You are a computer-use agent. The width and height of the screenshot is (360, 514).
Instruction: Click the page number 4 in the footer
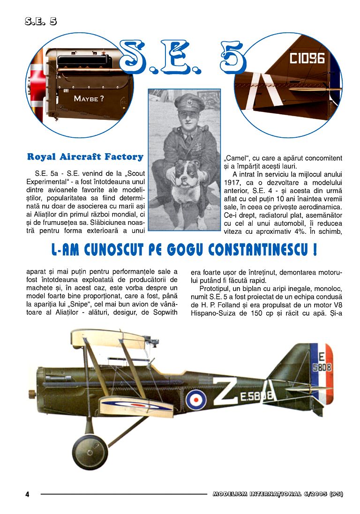27,494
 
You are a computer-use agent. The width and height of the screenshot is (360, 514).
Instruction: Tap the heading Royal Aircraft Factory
85,156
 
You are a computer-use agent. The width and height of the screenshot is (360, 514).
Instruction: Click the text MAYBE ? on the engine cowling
89,98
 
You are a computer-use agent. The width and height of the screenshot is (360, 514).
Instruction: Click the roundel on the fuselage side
195,399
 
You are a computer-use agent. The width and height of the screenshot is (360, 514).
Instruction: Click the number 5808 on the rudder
322,368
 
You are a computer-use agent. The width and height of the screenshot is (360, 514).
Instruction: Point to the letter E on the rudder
322,357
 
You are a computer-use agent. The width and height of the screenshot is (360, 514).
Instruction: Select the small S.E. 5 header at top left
41,21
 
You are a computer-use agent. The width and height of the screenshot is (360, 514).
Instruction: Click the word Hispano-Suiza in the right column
211,313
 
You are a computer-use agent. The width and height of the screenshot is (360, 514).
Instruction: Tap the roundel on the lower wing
136,403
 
